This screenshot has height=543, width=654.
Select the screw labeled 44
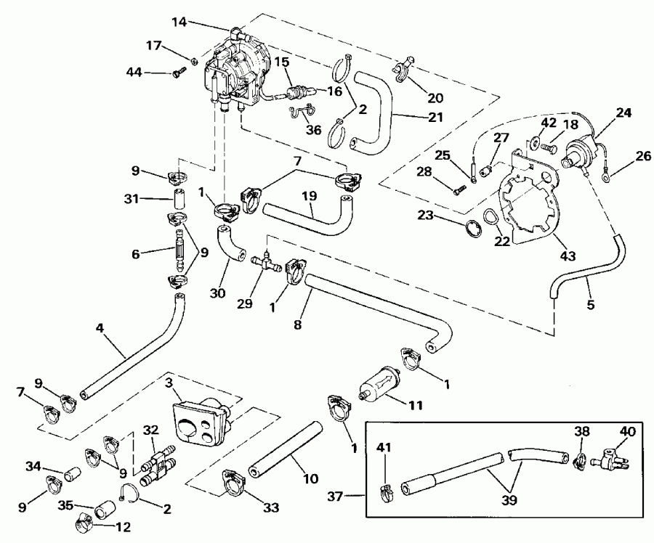click(179, 71)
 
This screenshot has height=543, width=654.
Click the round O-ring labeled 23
click(473, 226)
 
